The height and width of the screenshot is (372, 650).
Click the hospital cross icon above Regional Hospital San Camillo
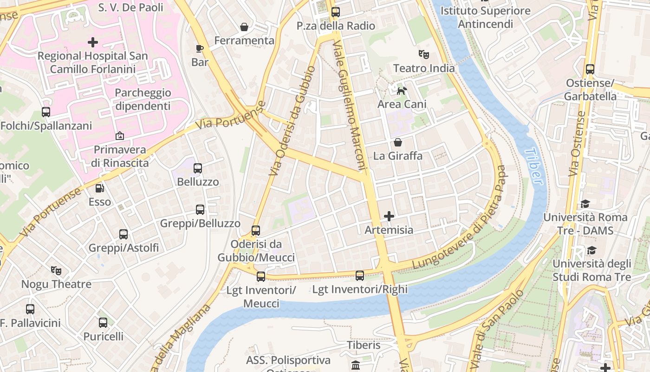point(93,42)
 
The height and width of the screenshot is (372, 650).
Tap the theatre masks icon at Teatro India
point(423,54)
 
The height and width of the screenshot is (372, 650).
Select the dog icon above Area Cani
point(402,90)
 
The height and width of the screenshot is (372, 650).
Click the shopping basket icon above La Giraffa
point(398,142)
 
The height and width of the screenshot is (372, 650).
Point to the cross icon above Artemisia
point(389,216)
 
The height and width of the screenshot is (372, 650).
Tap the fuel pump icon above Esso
point(99,188)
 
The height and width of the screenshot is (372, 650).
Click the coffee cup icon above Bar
point(200,48)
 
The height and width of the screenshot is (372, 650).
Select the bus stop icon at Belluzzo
point(198,168)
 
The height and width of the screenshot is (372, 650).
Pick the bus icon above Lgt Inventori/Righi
point(360,276)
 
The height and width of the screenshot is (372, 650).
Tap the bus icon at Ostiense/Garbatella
point(590,69)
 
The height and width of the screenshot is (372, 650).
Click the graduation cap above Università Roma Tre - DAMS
point(585,204)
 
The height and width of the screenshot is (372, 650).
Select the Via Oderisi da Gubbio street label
point(292,121)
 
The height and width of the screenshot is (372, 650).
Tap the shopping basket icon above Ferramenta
point(244,27)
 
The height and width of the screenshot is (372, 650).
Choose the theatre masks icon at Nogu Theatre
point(56,270)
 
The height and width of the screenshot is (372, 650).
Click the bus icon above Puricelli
point(103,322)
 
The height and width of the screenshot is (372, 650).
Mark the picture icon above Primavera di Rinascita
point(119,136)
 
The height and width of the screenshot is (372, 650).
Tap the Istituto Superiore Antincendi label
point(485,17)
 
